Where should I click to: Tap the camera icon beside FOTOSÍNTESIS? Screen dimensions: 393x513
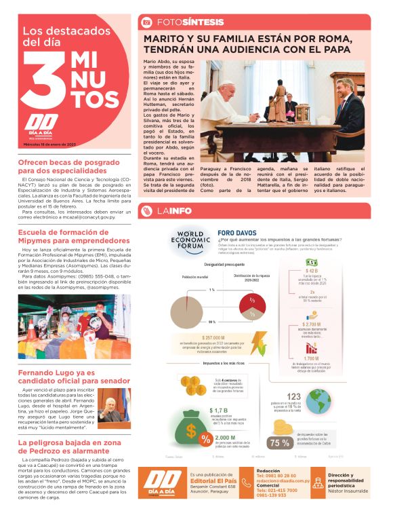(x=146, y=22)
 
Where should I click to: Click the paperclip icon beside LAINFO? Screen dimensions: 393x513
(x=146, y=210)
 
